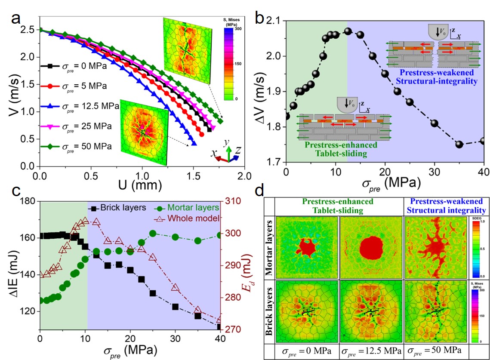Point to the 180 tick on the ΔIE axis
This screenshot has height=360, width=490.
click(29, 201)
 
